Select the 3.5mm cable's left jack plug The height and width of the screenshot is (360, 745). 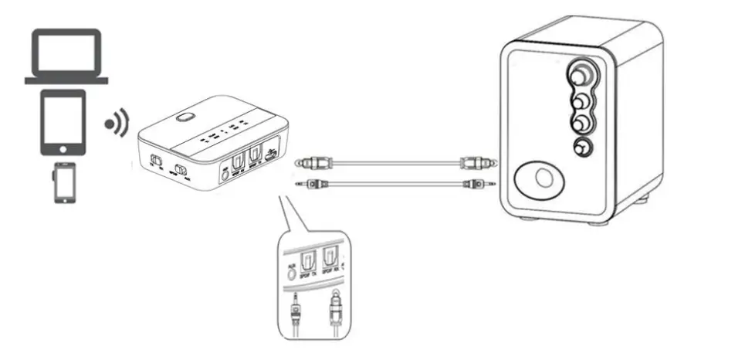point(315,184)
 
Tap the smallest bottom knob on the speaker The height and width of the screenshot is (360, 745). point(581,149)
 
